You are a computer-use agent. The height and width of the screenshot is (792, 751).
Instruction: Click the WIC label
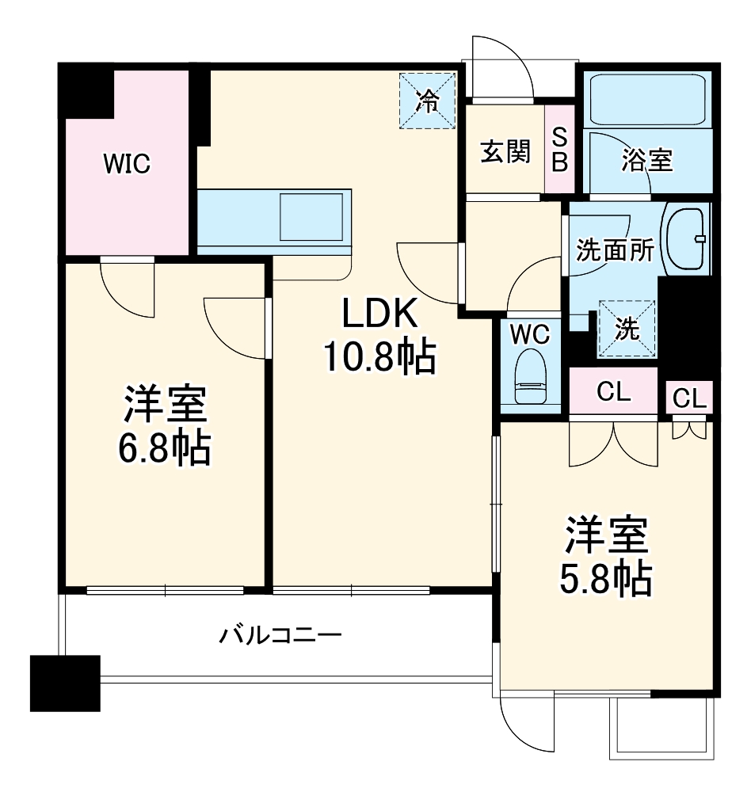[x=127, y=164]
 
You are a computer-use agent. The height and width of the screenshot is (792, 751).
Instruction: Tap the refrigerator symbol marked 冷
[x=428, y=101]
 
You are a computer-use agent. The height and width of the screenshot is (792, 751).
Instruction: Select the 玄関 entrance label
[x=505, y=151]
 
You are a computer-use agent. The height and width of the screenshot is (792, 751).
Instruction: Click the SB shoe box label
[x=559, y=149]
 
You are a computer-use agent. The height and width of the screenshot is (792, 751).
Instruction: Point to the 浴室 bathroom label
[x=647, y=160]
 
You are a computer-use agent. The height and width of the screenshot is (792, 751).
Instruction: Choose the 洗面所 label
[x=616, y=249]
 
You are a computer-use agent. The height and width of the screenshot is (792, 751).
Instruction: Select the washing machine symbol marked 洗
[x=627, y=329]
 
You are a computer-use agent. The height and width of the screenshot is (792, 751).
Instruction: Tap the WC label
[x=530, y=334]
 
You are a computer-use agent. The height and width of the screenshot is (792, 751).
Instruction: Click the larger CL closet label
[x=613, y=391]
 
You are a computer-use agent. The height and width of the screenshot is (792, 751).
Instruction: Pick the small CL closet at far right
[x=689, y=398]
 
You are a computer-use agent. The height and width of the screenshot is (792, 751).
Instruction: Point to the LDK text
[x=380, y=313]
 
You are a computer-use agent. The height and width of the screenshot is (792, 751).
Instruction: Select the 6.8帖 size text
[x=165, y=448]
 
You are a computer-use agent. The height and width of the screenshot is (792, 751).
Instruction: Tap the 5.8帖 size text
[x=605, y=579]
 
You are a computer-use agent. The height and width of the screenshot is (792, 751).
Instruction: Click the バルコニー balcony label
[x=280, y=635]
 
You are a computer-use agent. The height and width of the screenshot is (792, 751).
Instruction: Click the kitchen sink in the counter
[x=311, y=217]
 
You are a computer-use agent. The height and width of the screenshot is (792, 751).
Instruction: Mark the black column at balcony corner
[x=65, y=683]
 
